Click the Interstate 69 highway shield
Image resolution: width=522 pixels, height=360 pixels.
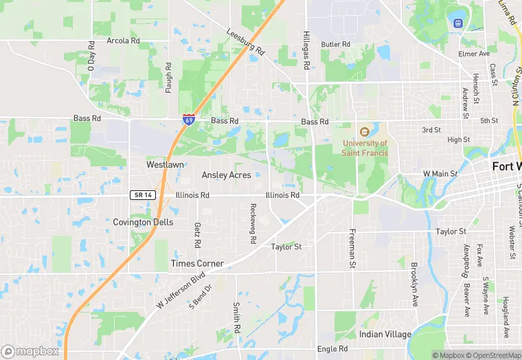(188, 120)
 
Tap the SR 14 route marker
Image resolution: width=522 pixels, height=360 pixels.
(143, 195)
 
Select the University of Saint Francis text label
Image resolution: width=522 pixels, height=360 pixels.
(365, 148)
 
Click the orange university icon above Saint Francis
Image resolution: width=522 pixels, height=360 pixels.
(365, 131)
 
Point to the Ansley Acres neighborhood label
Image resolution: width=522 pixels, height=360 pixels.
(226, 175)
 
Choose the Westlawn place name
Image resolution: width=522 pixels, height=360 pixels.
(165, 165)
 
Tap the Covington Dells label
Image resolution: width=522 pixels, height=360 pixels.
(144, 223)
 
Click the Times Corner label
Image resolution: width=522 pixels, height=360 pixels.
(197, 264)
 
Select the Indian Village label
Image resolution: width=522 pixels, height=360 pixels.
(385, 335)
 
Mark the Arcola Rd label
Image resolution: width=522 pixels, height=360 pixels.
(123, 41)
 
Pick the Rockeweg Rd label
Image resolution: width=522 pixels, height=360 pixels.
(253, 224)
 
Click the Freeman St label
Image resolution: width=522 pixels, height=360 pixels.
(352, 248)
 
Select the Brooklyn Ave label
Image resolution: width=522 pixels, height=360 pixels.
(414, 283)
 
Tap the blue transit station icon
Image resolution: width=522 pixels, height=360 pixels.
(457, 23)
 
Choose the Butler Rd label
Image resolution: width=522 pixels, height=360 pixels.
(336, 44)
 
